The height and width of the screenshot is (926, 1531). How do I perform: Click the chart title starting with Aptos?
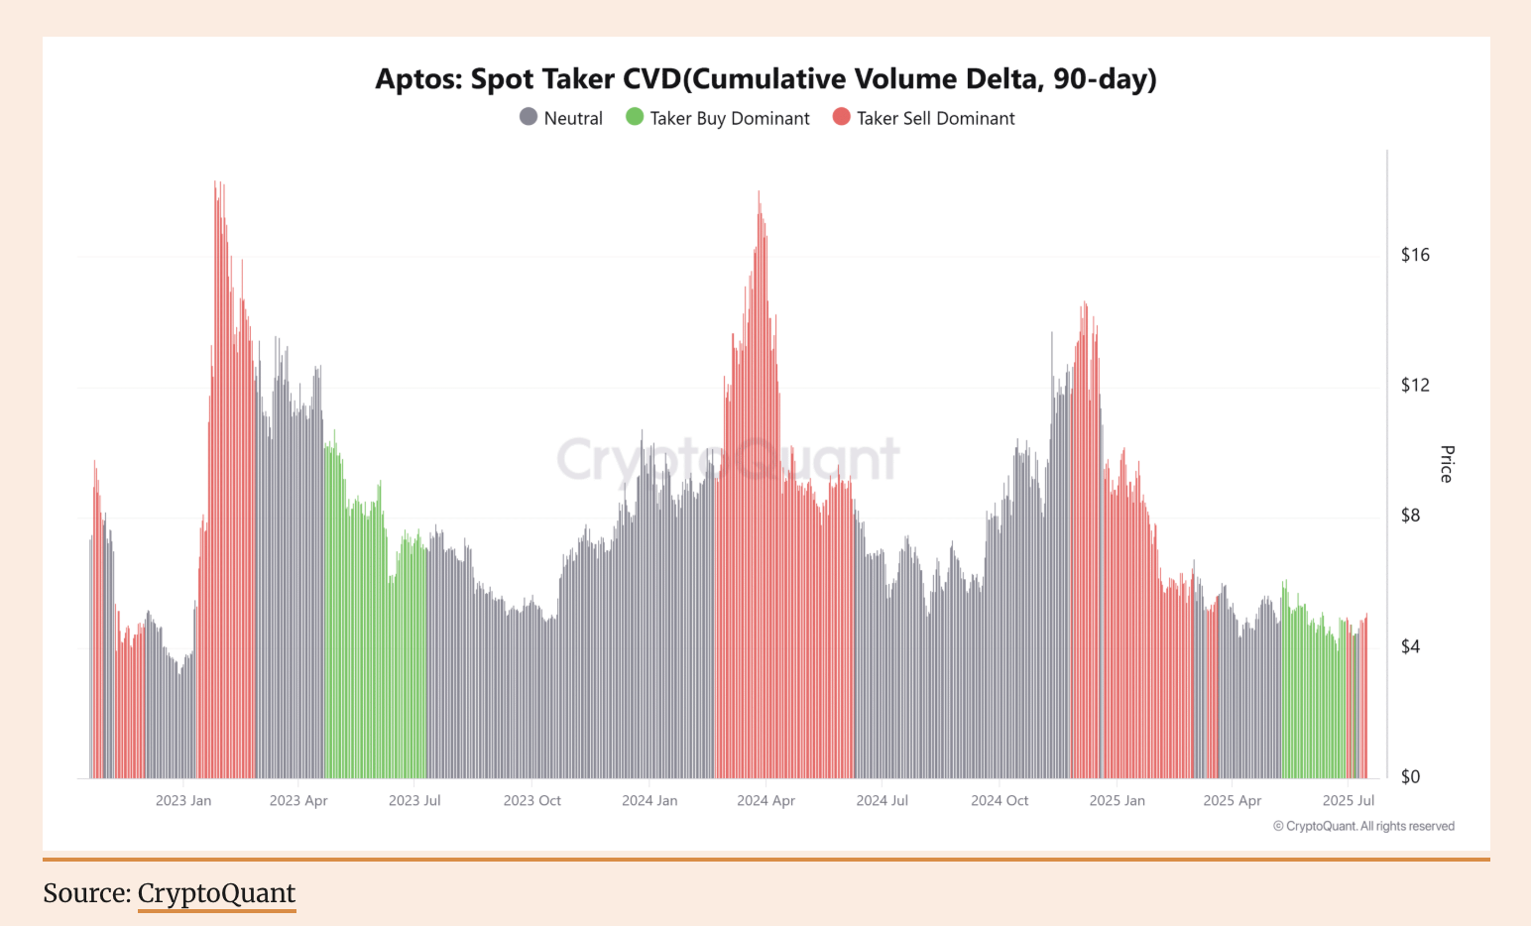coord(765,79)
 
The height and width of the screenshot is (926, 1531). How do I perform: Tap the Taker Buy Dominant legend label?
coord(729,118)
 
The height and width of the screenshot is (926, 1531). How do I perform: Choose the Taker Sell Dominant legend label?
coord(935,118)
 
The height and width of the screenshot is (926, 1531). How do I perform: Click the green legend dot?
coord(635,117)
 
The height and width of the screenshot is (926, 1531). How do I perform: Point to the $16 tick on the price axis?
coord(1415,255)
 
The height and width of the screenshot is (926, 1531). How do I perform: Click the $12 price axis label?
coord(1415,385)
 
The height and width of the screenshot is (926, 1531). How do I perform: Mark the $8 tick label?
coord(1410,516)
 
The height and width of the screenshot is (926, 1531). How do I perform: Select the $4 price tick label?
coord(1410,646)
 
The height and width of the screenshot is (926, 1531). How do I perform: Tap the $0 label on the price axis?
coord(1410,776)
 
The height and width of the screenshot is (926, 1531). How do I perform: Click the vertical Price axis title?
coord(1447,464)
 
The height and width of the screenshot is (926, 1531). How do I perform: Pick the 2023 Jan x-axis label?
coord(183,800)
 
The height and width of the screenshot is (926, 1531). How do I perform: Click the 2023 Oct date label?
coord(532,800)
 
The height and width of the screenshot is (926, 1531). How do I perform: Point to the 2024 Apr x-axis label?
coord(765,800)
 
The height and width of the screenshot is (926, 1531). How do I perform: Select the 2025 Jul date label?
coord(1349,800)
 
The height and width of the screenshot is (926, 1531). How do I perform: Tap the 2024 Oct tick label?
coord(1000,800)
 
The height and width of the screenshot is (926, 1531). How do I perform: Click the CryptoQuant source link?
coord(216,893)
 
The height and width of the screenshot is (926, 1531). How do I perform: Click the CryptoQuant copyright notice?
coord(1363,826)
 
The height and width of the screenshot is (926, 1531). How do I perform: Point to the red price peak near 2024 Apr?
coord(760,194)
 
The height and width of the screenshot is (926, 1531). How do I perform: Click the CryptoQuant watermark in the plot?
coord(728,459)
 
